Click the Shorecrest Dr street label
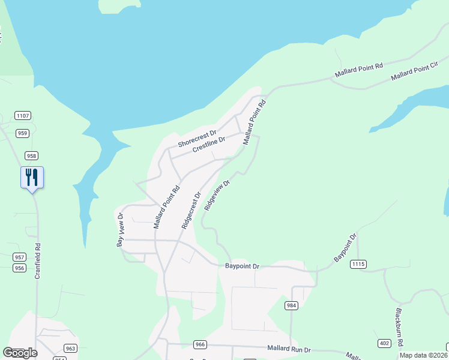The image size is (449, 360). coord(197,140)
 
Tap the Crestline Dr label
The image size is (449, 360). coord(209,145)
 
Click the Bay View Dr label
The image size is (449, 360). coord(120,230)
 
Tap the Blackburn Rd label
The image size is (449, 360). coord(399,326)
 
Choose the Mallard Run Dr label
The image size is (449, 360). coord(289,349)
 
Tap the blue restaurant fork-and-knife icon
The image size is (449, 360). coord(32,178)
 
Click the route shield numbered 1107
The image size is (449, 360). coord(23,116)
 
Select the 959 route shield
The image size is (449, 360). coord(23,133)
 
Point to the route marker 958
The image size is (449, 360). coord(31,155)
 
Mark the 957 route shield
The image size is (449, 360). coord(19,257)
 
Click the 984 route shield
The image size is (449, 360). coord(292,305)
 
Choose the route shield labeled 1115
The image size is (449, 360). coord(359,264)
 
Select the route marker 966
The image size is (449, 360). coord(200,344)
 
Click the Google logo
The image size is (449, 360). coord(20,353)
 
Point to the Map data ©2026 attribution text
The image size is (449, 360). coord(423,355)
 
